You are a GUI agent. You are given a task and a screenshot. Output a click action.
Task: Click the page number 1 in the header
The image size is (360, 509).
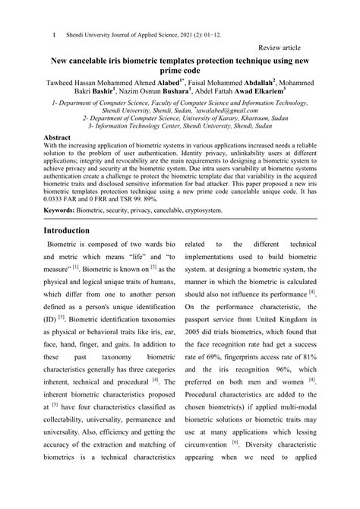[52, 34]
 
